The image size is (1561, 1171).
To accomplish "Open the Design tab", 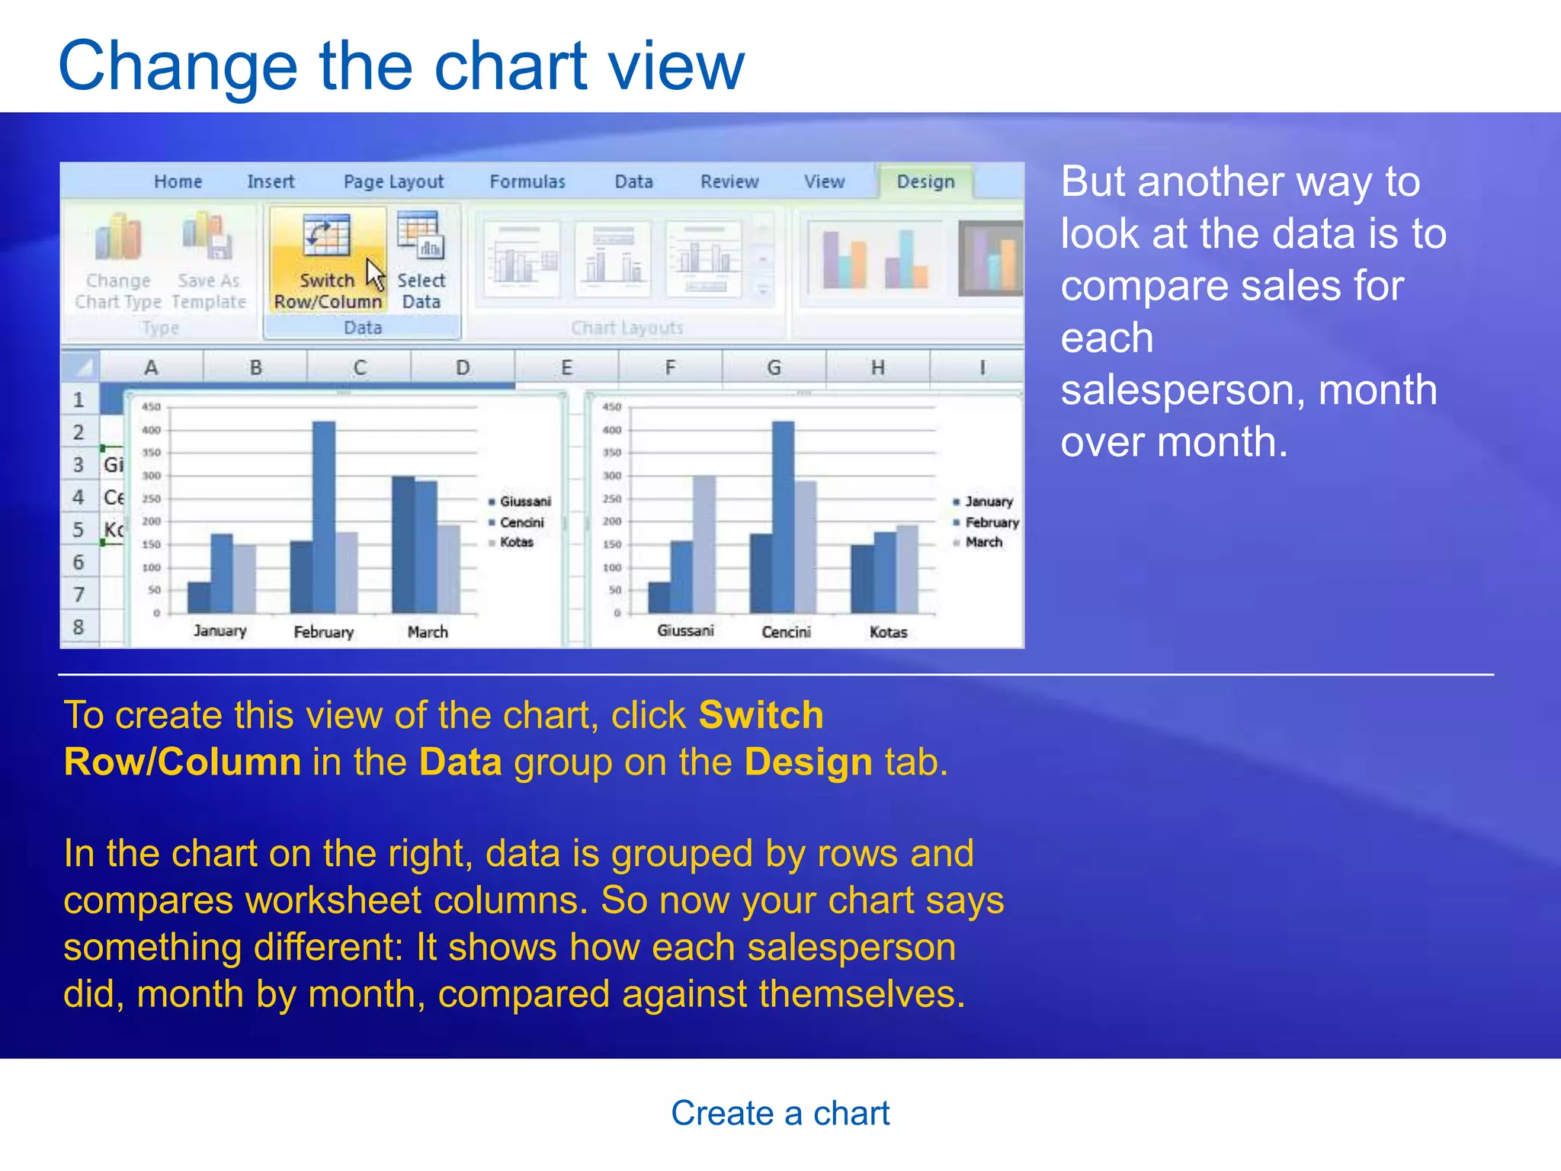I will tap(925, 182).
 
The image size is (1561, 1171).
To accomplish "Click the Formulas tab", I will tap(527, 182).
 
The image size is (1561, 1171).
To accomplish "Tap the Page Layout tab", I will tap(393, 182).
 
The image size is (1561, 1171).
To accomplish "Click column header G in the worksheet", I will tap(774, 367).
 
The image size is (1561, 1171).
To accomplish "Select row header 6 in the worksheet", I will tap(79, 563).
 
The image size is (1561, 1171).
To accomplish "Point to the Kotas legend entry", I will tap(516, 543).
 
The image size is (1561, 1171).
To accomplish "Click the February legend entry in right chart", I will tap(991, 523).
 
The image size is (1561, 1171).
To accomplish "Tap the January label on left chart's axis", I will tap(220, 631).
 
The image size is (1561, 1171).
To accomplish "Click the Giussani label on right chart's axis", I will tap(685, 631).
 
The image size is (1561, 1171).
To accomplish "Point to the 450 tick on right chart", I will tap(612, 407).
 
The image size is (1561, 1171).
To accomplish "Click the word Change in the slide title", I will tap(178, 67).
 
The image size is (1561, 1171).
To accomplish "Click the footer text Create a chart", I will tap(780, 1113).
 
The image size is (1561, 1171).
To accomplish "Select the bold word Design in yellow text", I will tap(808, 762).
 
